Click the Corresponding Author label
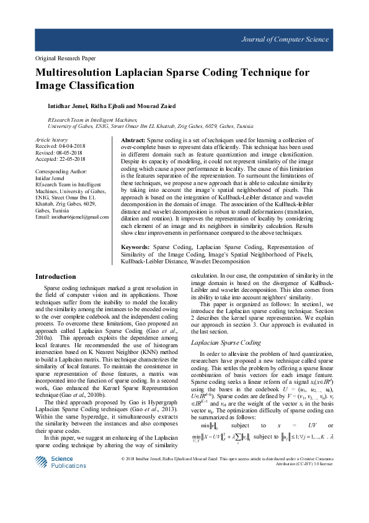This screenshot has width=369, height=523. coord(61,171)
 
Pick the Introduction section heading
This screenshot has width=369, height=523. coord(56,276)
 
